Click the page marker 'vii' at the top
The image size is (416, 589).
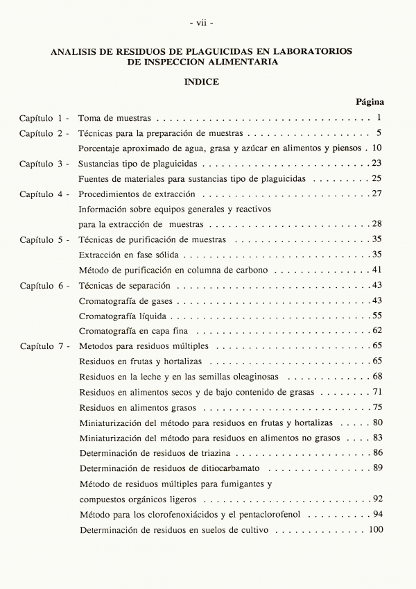tap(202, 22)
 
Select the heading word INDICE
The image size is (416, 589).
tap(202, 81)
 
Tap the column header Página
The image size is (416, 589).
tap(370, 101)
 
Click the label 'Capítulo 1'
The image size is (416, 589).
tap(44, 118)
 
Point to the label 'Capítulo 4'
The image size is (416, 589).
tap(44, 194)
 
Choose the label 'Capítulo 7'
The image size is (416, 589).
tap(44, 345)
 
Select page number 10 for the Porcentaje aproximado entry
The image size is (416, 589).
tap(377, 148)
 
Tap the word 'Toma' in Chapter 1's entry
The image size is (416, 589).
tap(89, 118)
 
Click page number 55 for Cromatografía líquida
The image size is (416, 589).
tap(378, 315)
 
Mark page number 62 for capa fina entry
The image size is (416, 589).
tap(378, 330)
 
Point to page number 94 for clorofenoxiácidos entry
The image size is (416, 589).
tap(378, 515)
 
